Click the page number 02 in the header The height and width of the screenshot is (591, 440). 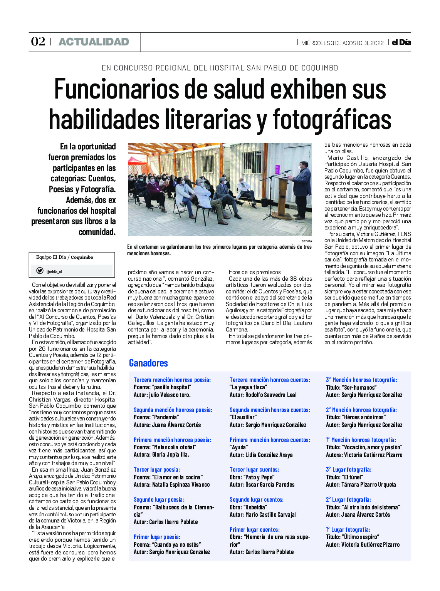[x=38, y=42]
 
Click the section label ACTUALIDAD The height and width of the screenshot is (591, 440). [x=94, y=42]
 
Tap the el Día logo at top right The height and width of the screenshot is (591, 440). [x=401, y=42]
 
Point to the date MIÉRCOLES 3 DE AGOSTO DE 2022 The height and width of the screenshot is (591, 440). [x=342, y=43]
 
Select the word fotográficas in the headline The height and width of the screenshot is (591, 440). [x=332, y=119]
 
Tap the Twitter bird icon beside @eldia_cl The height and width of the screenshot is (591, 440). [x=40, y=271]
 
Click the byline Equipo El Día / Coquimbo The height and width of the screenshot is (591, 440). [x=65, y=257]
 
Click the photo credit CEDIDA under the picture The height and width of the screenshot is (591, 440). [x=307, y=241]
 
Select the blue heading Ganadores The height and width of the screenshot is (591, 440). [x=148, y=363]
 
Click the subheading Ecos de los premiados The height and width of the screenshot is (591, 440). [x=255, y=272]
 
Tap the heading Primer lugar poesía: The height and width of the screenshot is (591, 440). [x=157, y=537]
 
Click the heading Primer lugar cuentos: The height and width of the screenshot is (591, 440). [x=255, y=530]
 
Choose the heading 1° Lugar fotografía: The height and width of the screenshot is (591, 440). [x=348, y=530]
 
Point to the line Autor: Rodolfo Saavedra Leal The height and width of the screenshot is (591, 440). [x=263, y=395]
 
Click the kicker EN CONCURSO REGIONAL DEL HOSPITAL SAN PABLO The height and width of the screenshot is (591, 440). [x=220, y=68]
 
